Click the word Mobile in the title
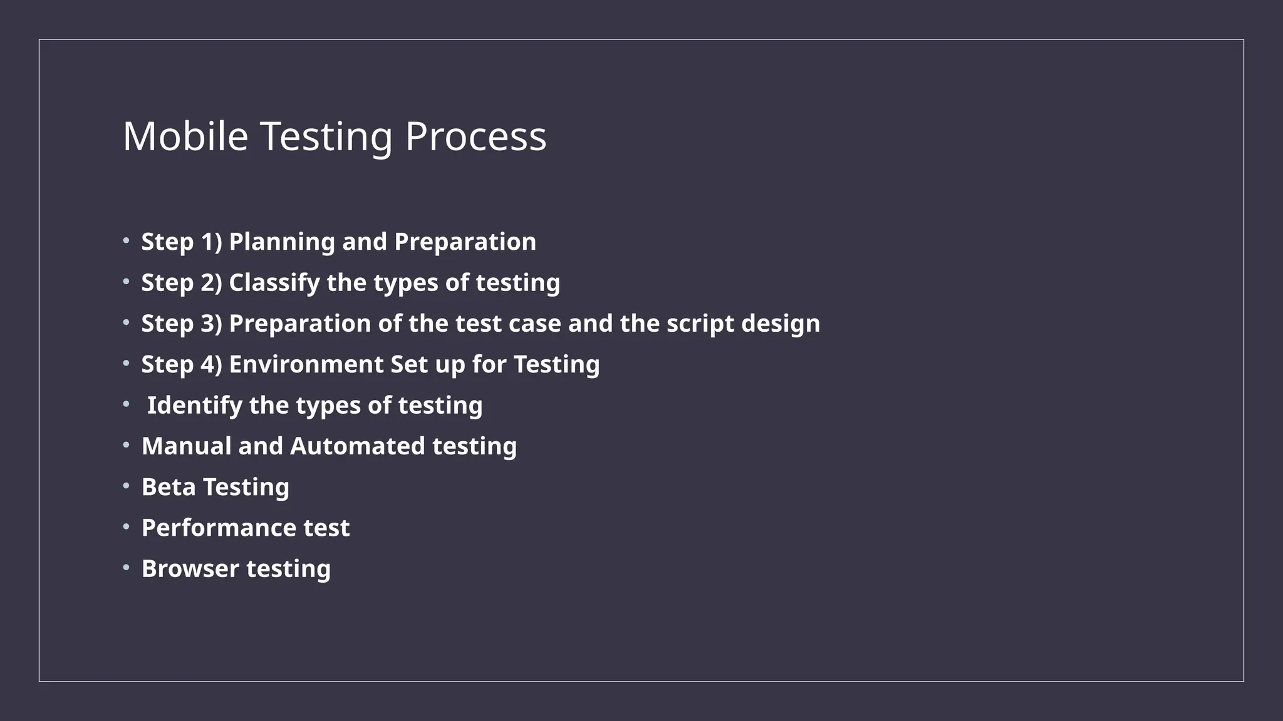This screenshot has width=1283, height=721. (x=185, y=136)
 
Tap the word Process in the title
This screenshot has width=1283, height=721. (x=475, y=136)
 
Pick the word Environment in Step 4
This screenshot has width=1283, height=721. (x=306, y=364)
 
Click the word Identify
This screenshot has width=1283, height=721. (x=194, y=406)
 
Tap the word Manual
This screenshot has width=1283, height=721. (x=186, y=446)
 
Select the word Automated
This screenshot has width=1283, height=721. (x=357, y=446)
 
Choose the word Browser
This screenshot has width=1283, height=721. (x=190, y=568)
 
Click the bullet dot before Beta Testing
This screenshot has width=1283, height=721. (x=126, y=485)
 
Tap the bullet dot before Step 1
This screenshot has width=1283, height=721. (x=126, y=240)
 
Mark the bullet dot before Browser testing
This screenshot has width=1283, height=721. (x=126, y=567)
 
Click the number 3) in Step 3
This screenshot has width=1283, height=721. (x=211, y=324)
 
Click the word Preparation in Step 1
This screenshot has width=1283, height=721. (x=465, y=242)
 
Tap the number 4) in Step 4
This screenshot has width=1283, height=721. (x=211, y=364)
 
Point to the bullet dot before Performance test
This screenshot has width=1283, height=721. (x=126, y=526)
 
